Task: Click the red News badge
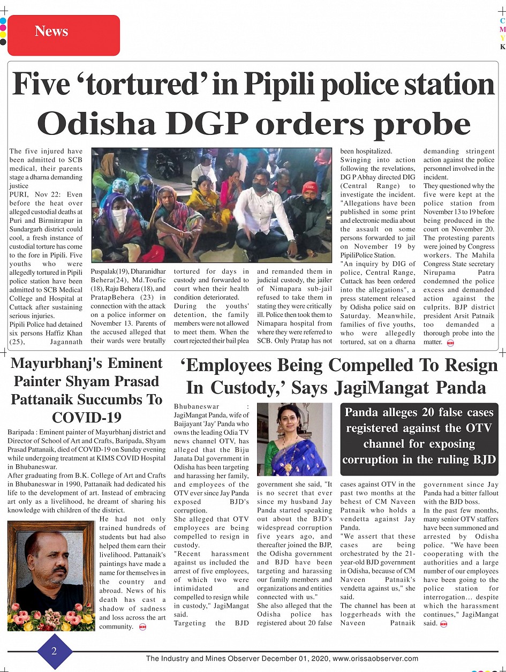[x=64, y=35]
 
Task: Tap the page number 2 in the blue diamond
[x=54, y=651]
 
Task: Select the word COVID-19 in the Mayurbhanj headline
[x=86, y=418]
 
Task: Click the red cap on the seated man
[x=309, y=187]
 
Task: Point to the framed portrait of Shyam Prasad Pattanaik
[x=51, y=575]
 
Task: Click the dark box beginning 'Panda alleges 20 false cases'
[x=420, y=435]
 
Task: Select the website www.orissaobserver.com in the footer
[x=375, y=659]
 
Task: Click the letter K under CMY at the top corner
[x=502, y=47]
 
